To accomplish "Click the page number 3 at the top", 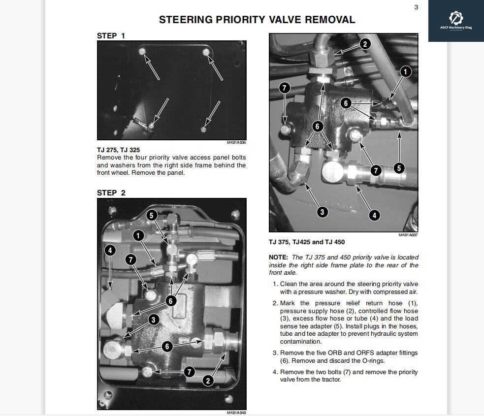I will [416, 7].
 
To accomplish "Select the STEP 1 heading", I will [111, 35].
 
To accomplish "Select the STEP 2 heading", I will [111, 192].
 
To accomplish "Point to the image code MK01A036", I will [236, 143].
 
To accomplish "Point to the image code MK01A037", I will [408, 235].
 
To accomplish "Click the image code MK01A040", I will [236, 413].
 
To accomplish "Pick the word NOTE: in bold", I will [278, 257].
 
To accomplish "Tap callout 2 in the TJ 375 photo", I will [364, 44].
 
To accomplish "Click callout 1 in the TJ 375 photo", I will [405, 72].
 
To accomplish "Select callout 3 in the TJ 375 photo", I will [322, 212].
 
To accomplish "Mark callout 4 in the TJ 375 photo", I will [374, 215].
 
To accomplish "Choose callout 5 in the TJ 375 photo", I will [399, 168].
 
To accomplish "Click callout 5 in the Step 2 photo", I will [152, 215].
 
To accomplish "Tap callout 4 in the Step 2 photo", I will [110, 251].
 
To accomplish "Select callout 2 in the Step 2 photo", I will [208, 381].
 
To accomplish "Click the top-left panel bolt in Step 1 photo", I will [142, 52].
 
